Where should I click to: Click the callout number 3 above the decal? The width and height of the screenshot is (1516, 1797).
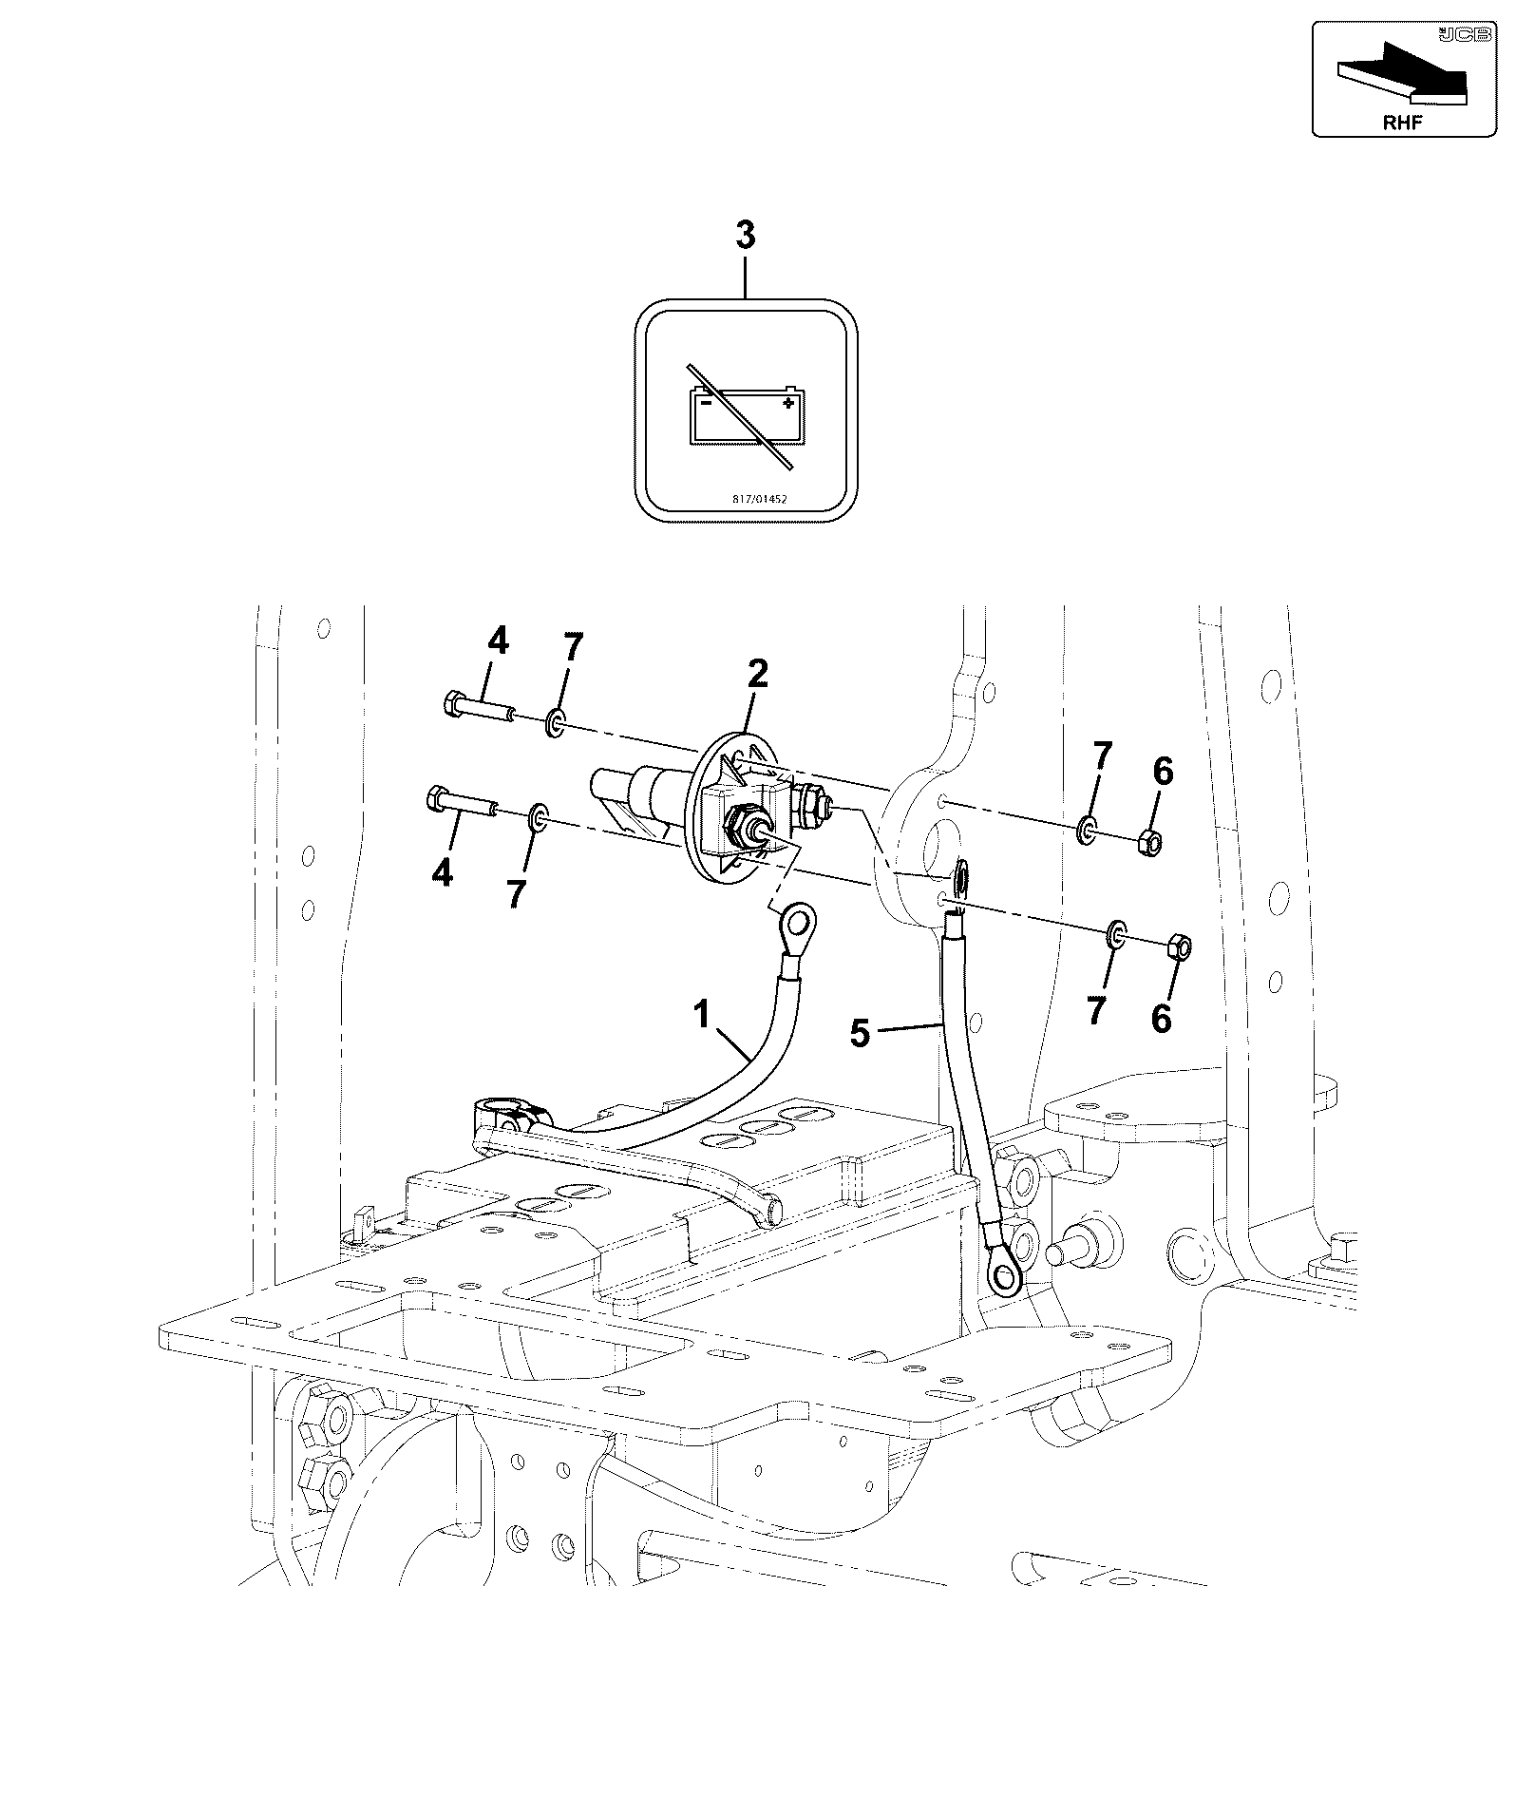coord(746,236)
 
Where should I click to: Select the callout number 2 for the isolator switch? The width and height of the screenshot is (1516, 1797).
coord(757,674)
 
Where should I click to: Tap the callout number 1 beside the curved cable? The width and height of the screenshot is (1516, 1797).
coord(701,1016)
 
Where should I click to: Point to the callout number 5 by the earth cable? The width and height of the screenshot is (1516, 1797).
coord(860,1033)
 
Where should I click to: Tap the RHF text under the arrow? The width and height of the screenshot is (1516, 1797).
coord(1402,122)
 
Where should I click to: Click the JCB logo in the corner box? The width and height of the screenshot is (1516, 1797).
coord(1463,35)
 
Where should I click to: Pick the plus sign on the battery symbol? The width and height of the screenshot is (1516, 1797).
coord(786,403)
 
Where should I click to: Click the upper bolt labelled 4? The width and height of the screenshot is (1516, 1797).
coord(479,708)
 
